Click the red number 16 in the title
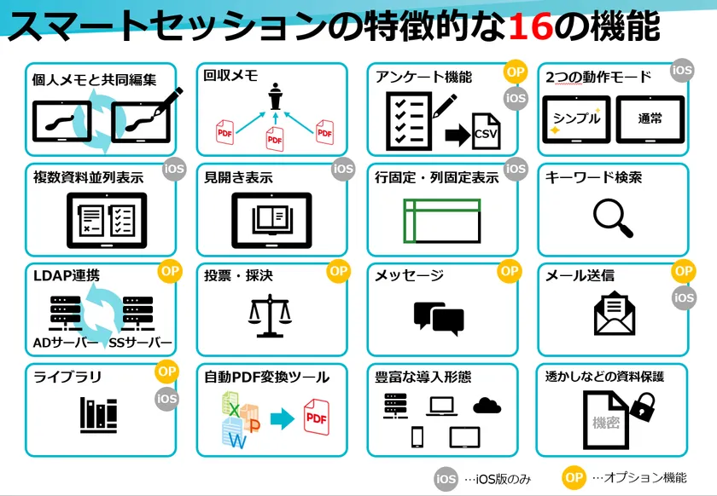pos(530,26)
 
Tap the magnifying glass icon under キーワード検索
pos(613,219)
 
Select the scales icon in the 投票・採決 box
pos(270,316)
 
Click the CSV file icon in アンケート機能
pos(486,131)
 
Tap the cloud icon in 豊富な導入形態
pos(487,405)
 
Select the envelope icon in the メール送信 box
pos(614,314)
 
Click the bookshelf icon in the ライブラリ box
pos(99,415)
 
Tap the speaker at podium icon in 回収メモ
pos(275,96)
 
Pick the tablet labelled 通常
pos(650,119)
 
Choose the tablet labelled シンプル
pos(576,119)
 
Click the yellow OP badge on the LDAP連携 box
pos(170,271)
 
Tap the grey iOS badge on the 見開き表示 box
pos(343,169)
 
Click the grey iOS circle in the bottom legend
pos(446,479)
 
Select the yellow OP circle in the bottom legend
pos(574,478)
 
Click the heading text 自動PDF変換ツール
pos(266,378)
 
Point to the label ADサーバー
pos(66,343)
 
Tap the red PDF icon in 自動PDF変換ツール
pos(317,417)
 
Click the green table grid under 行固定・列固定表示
pos(442,221)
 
